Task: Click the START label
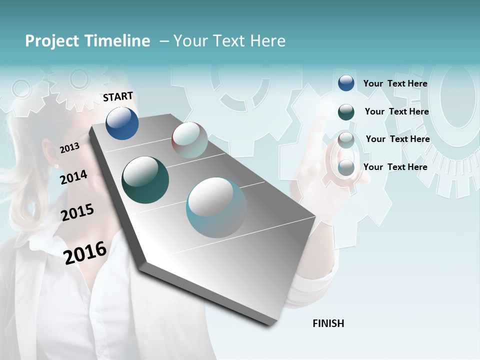tap(118, 96)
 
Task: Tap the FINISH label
tap(328, 323)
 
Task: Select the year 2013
tap(69, 147)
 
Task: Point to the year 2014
tap(73, 177)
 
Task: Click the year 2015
tap(77, 212)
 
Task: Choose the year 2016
tap(85, 252)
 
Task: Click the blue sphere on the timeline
tap(122, 123)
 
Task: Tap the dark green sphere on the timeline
tap(145, 180)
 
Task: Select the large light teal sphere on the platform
tap(216, 207)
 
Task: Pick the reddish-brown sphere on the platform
tap(189, 139)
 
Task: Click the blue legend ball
tap(346, 83)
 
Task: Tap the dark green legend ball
tap(346, 112)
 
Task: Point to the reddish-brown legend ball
tap(346, 140)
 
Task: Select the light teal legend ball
tap(346, 168)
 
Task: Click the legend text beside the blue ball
tap(395, 83)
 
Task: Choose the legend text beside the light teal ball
tap(395, 167)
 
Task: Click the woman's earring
tap(56, 165)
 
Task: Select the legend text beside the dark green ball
tap(396, 111)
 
